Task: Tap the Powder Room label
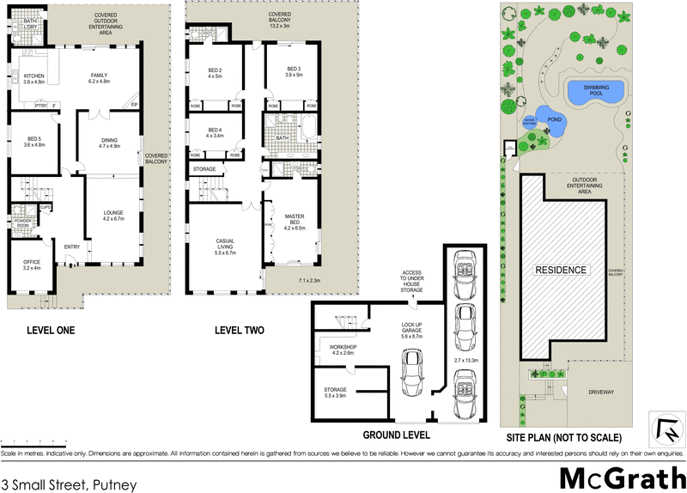coord(23,223)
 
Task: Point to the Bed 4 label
coord(214,132)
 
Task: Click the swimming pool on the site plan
coord(595,89)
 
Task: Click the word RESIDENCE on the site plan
coord(562,270)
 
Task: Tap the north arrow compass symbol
coord(664,426)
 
